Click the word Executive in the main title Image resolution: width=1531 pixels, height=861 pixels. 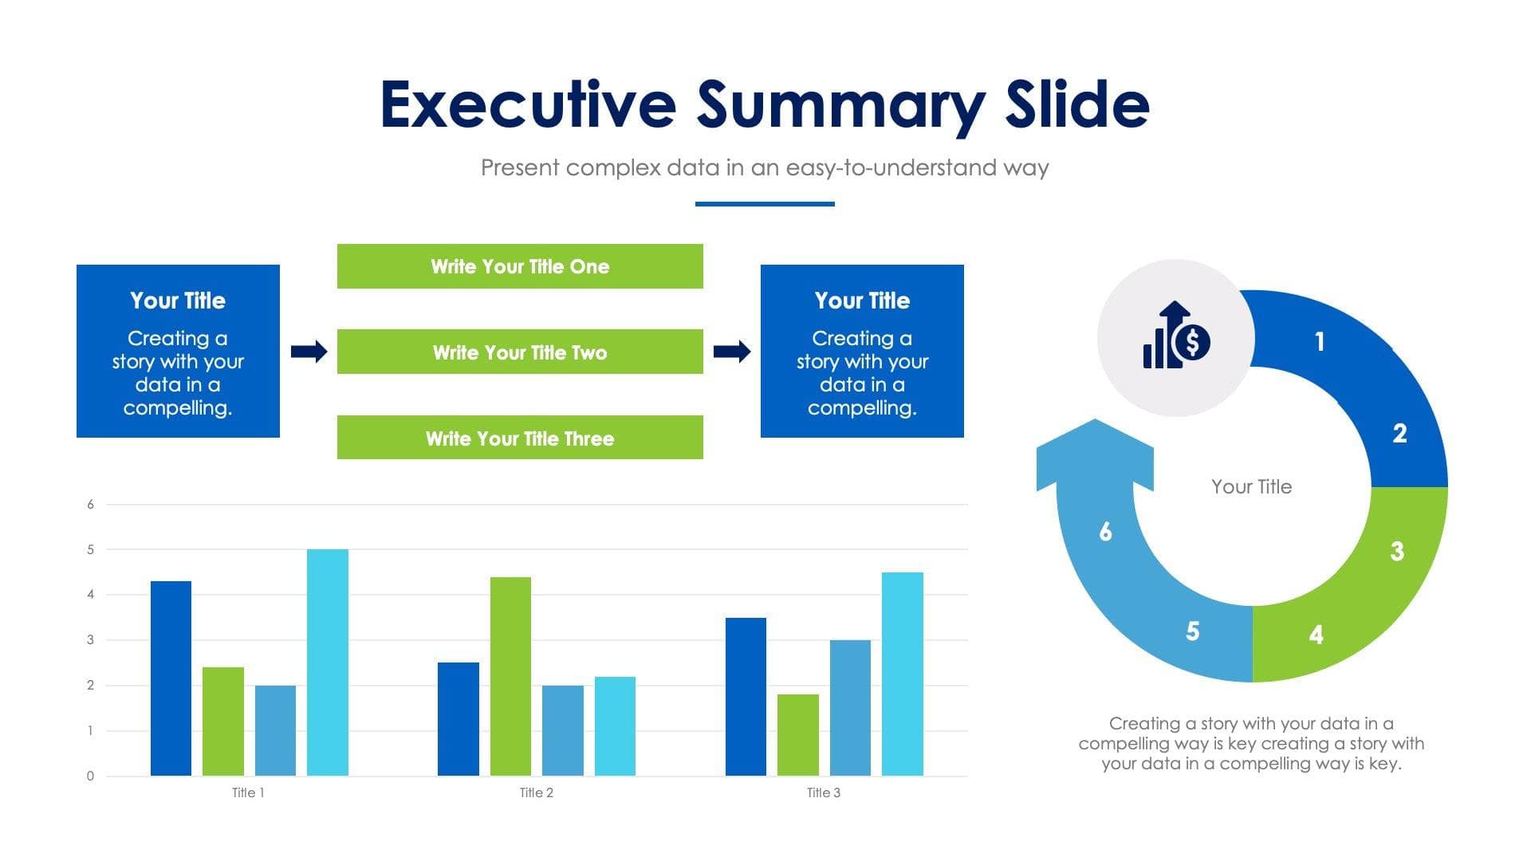(x=528, y=104)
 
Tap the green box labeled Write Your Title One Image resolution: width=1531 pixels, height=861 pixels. (x=520, y=266)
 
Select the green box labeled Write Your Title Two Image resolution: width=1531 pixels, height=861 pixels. (x=520, y=352)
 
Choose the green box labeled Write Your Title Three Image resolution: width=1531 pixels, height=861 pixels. (x=520, y=438)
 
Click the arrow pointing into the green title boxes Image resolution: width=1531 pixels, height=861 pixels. (x=309, y=351)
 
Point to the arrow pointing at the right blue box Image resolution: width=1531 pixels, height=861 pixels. (x=731, y=351)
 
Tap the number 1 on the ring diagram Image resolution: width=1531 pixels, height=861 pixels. (x=1320, y=341)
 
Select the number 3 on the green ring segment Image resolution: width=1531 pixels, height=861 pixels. (x=1397, y=551)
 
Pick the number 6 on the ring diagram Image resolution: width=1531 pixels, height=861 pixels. (x=1105, y=531)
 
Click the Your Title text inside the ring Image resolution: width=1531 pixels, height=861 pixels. (x=1251, y=486)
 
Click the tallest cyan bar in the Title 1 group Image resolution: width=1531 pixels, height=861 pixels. (x=327, y=662)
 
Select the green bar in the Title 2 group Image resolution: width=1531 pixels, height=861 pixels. (x=510, y=676)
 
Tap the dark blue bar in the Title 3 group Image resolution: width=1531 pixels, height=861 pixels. (x=746, y=696)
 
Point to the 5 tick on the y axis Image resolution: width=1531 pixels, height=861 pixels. (x=90, y=549)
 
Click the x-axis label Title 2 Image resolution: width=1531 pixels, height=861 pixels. (x=536, y=792)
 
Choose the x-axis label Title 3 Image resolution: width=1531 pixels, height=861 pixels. (x=823, y=792)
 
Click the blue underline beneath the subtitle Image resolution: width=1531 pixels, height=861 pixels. (x=765, y=204)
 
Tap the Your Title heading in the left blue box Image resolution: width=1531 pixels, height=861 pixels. (x=178, y=301)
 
